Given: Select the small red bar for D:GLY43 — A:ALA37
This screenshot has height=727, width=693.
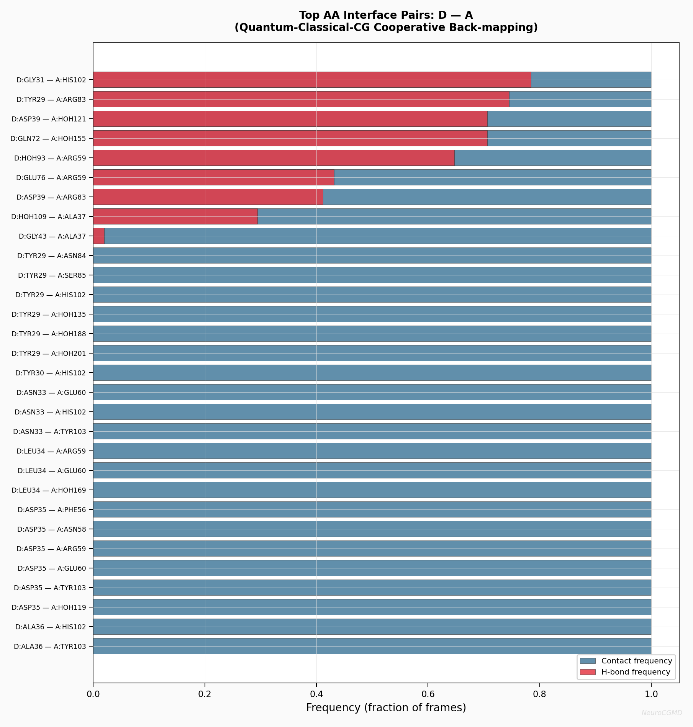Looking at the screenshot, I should click(99, 236).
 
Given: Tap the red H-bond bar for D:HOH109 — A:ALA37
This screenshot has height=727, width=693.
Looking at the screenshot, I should click(175, 216).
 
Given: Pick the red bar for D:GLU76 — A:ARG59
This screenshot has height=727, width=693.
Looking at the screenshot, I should click(213, 177).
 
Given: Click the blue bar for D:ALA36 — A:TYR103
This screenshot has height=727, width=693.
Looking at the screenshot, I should click(372, 646).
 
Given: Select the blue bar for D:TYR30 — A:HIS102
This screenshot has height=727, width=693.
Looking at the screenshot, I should click(372, 373).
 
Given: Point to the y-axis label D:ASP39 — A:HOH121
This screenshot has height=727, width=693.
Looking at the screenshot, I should click(49, 119).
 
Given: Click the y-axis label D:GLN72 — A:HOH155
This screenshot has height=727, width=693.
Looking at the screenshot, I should click(48, 139).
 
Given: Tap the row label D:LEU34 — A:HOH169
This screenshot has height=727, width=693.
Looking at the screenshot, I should click(49, 490).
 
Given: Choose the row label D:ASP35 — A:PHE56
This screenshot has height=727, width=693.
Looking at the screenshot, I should click(52, 510).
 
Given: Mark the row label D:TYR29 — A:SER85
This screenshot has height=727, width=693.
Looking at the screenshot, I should click(52, 275).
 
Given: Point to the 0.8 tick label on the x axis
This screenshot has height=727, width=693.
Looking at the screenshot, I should click(539, 694).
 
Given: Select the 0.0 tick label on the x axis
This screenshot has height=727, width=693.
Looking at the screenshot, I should click(93, 694).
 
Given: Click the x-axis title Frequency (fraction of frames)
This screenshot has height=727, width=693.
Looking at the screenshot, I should click(386, 707).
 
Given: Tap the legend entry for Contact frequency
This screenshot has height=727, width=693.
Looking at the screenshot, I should click(636, 661).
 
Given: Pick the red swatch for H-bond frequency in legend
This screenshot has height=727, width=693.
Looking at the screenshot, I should click(588, 672).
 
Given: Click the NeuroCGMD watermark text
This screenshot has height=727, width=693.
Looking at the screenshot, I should click(662, 713).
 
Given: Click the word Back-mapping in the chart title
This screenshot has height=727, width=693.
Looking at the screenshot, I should click(500, 28).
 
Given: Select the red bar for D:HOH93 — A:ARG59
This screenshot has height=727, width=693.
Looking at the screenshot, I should click(274, 158).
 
